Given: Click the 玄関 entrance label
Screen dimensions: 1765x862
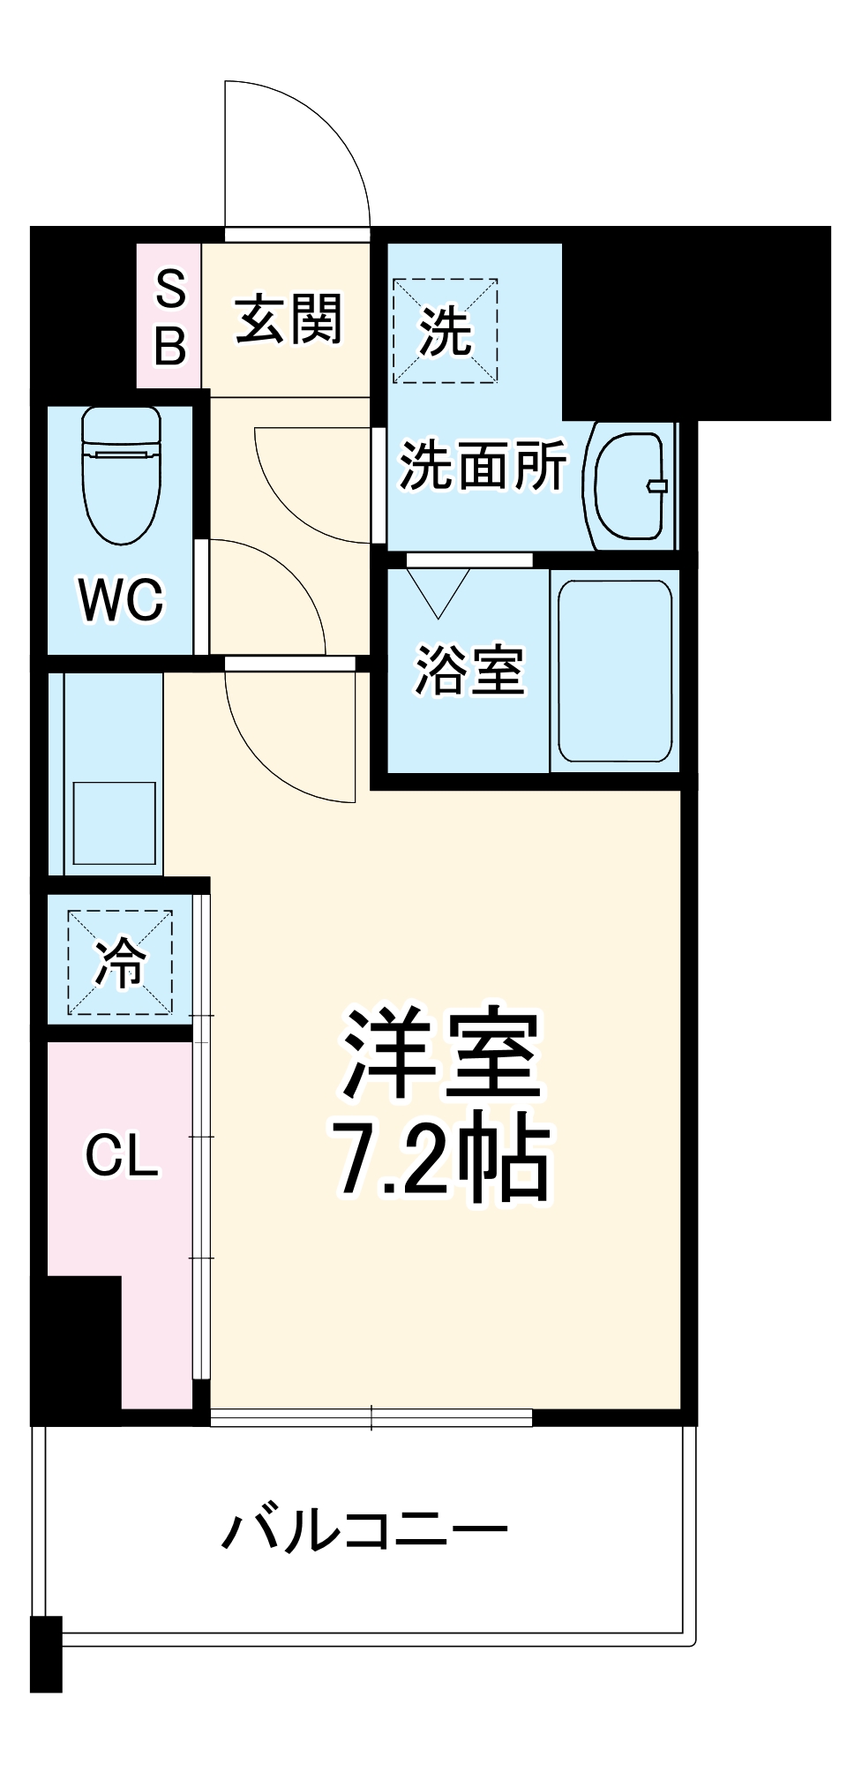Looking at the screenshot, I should point(289,319).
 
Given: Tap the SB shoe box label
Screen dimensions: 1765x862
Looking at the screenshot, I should point(170,317).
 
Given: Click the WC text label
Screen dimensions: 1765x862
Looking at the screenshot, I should point(121,600).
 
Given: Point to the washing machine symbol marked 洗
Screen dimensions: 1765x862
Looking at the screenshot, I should point(445,331).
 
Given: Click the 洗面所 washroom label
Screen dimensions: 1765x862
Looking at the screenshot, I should point(483,465).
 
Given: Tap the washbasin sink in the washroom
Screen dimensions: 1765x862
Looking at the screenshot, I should point(630,485).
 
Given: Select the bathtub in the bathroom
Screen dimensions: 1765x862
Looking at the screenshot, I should point(615,671).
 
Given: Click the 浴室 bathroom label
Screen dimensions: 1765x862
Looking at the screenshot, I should point(469,671).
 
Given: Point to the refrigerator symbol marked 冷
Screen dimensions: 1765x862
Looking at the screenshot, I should point(120,963).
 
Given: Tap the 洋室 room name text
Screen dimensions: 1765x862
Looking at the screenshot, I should point(441,1055).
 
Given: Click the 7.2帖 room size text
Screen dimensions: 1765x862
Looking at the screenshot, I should point(441,1156).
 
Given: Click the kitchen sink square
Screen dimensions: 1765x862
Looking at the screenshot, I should point(114,822).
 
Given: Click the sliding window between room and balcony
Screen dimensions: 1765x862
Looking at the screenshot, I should point(371,1418).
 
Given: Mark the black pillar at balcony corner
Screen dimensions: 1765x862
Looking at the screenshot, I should point(46,1654).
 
